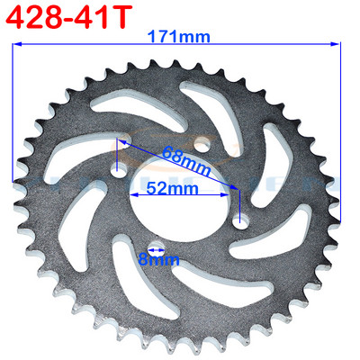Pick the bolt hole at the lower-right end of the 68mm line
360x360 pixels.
pyautogui.click(x=238, y=220)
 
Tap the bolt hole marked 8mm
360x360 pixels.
pyautogui.click(x=152, y=245)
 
